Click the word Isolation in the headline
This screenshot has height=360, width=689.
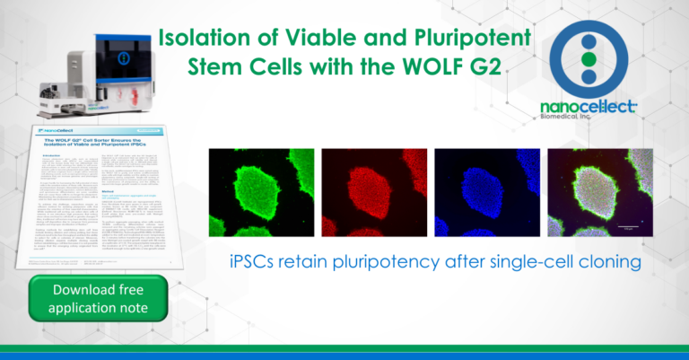(201, 39)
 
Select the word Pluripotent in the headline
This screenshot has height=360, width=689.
(470, 39)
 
